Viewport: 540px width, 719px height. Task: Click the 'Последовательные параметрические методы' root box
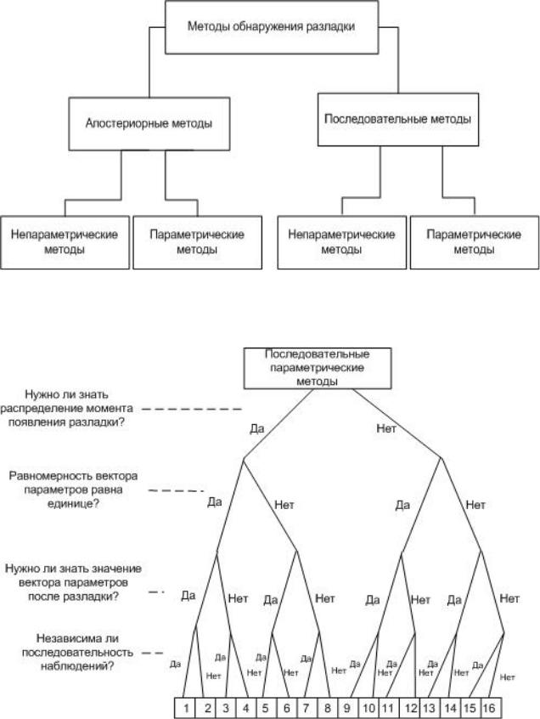coord(305,368)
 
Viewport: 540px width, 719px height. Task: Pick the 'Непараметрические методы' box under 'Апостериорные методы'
coord(64,242)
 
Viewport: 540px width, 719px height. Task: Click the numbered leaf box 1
coord(186,707)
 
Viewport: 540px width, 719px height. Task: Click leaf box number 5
coord(267,707)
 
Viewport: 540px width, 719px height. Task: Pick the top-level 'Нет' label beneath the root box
coord(386,428)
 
